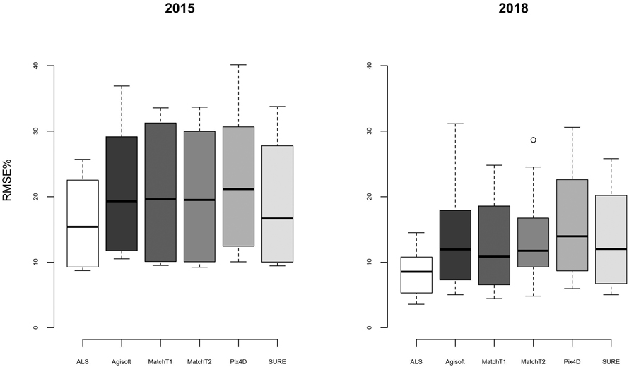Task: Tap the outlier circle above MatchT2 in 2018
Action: (534, 140)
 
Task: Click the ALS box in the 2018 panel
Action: (416, 275)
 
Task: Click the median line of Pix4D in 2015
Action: (238, 189)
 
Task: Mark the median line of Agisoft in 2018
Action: (455, 249)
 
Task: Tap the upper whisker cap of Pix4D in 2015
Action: (238, 65)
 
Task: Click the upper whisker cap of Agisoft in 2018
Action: (455, 124)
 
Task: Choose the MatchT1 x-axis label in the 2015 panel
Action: (160, 361)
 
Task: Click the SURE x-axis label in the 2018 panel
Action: (611, 361)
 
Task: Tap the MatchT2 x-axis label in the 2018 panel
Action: (533, 361)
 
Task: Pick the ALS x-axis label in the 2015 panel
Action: (83, 361)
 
